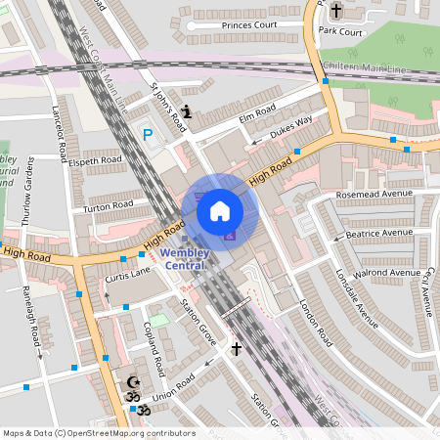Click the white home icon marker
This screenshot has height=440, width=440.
pyautogui.click(x=220, y=211)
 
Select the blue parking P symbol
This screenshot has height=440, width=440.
pyautogui.click(x=149, y=135)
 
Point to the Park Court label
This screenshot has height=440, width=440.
pyautogui.click(x=340, y=31)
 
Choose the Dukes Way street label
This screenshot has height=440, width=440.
pyautogui.click(x=290, y=125)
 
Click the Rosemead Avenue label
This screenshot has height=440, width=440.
pyautogui.click(x=374, y=194)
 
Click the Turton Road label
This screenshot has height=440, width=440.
pyautogui.click(x=109, y=205)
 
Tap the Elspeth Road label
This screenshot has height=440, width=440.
pyautogui.click(x=95, y=158)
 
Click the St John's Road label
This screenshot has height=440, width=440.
pyautogui.click(x=167, y=106)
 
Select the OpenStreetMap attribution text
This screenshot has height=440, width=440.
pyautogui.click(x=99, y=433)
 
